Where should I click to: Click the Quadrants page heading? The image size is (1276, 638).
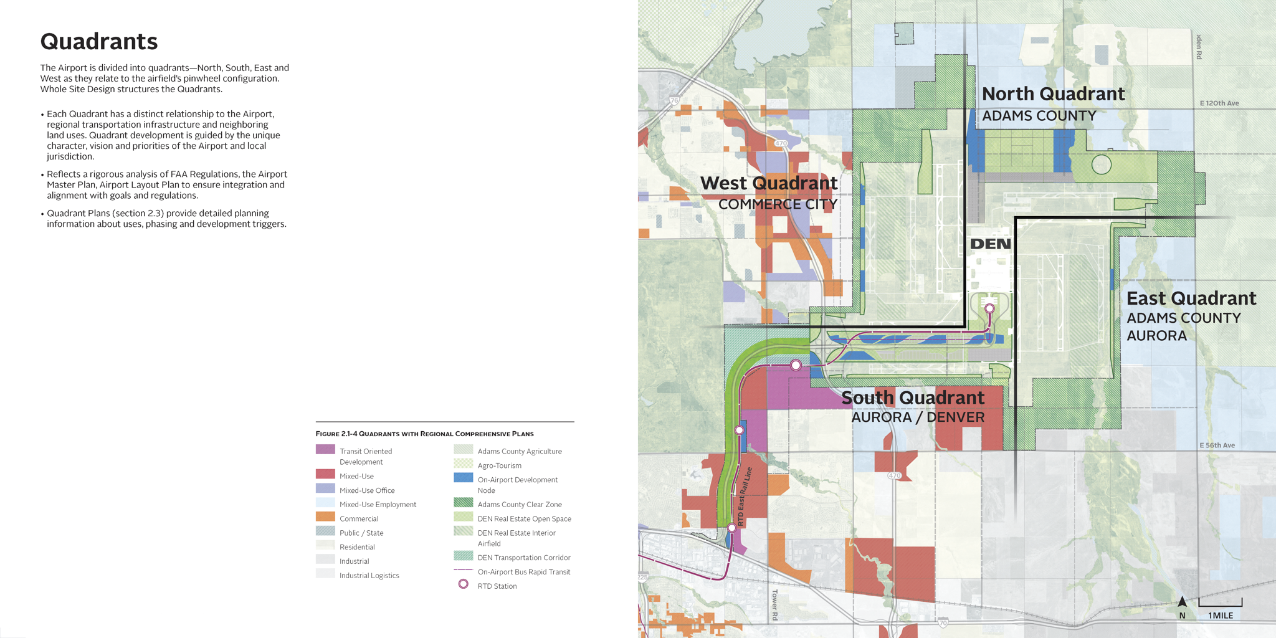(x=98, y=42)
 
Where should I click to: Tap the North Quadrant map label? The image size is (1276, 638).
(x=1053, y=94)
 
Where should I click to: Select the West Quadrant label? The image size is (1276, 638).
(x=768, y=183)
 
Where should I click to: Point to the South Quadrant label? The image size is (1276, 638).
(x=913, y=398)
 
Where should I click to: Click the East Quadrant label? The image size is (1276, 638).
(x=1191, y=298)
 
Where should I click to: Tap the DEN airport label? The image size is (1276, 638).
(x=991, y=244)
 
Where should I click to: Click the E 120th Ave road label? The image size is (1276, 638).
(x=1219, y=103)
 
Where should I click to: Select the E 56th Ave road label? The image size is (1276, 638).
(x=1217, y=445)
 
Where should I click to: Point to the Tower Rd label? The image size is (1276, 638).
(x=775, y=604)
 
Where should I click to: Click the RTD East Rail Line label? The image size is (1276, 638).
(x=745, y=497)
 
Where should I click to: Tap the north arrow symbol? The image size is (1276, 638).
(x=1182, y=602)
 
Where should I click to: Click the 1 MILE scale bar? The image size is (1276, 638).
(x=1220, y=604)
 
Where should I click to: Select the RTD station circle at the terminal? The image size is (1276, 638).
(x=989, y=308)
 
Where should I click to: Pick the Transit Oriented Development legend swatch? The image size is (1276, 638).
(x=325, y=449)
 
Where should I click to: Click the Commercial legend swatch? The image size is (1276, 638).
(x=325, y=517)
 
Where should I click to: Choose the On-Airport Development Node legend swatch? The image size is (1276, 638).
(x=463, y=478)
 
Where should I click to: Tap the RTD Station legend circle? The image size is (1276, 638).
(x=463, y=584)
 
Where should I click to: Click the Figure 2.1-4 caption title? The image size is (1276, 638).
(x=424, y=434)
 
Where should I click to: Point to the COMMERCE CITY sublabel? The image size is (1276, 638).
(x=778, y=204)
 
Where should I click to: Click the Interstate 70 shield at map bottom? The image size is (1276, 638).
(x=943, y=622)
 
